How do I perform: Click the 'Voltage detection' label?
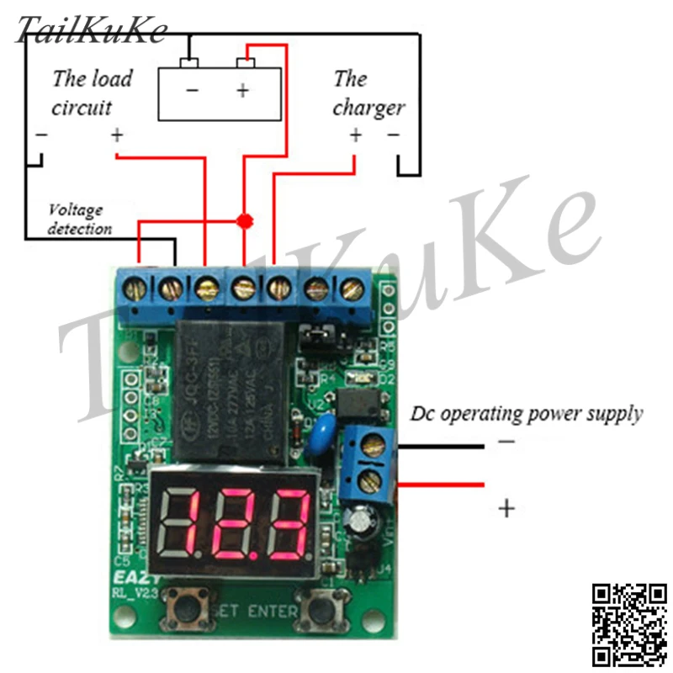80,219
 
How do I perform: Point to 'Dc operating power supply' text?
527,413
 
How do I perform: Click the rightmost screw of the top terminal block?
350,290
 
